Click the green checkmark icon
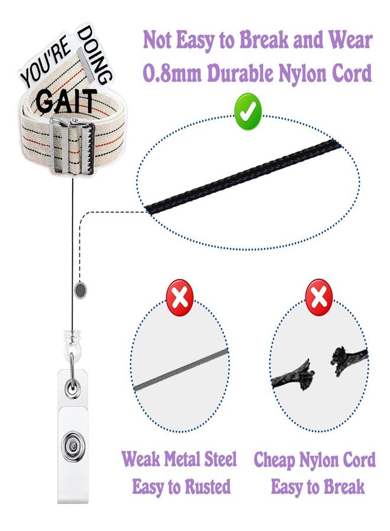coord(248,112)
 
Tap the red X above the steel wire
coord(180,298)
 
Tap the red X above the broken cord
coord(319,298)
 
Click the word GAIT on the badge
coord(66,100)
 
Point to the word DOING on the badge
coord(95,55)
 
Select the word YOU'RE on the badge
coord(46,65)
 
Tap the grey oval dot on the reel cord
coord(80,290)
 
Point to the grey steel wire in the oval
coord(181,370)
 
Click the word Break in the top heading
coord(264,40)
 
